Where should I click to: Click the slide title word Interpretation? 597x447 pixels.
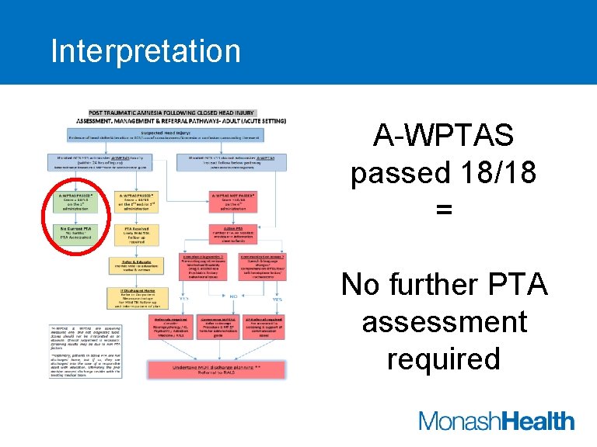[145, 51]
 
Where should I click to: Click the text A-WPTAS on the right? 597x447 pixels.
[443, 137]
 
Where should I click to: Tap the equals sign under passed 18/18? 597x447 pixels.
[443, 208]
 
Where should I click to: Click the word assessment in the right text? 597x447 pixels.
[444, 322]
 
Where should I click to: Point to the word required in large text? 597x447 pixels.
[444, 359]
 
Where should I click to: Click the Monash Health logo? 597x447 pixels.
[496, 421]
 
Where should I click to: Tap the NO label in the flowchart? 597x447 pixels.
[233, 296]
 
